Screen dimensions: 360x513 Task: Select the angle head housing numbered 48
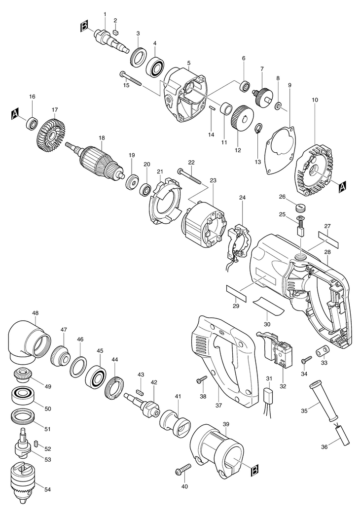[28, 342]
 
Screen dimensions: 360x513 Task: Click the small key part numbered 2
[115, 33]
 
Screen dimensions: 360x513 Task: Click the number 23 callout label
[213, 180]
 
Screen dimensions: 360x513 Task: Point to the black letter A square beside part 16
[15, 114]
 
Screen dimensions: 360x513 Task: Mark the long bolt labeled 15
[131, 79]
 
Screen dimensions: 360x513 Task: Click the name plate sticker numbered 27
[328, 239]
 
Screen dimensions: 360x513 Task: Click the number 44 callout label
[114, 359]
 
